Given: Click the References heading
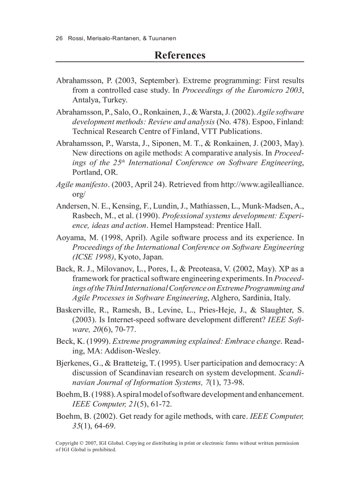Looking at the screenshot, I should pyautogui.click(x=180, y=55).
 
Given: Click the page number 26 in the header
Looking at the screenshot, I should pyautogui.click(x=59, y=39).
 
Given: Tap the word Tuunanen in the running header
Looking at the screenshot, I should pyautogui.click(x=162, y=39).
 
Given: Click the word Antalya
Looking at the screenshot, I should pyautogui.click(x=85, y=100).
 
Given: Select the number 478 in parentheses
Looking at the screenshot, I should pyautogui.click(x=242, y=121).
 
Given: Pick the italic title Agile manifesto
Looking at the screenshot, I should pyautogui.click(x=82, y=184).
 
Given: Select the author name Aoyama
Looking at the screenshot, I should pyautogui.click(x=70, y=238).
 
